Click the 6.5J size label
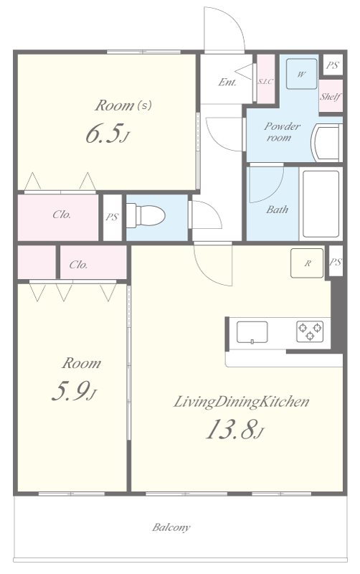(108, 134)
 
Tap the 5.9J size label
(75, 391)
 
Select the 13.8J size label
(235, 428)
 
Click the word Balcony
(171, 527)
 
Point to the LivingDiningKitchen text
(241, 402)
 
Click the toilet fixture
(146, 216)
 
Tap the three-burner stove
(310, 331)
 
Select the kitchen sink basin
(252, 332)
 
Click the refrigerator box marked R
(307, 263)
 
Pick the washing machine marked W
(301, 74)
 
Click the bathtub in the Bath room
(321, 204)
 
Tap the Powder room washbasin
(327, 143)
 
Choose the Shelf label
(331, 97)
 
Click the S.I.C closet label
(265, 82)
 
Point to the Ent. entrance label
(227, 82)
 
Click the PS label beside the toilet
(112, 217)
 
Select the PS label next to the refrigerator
(336, 262)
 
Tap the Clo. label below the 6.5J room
(62, 215)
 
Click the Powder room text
(282, 132)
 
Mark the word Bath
(277, 210)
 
